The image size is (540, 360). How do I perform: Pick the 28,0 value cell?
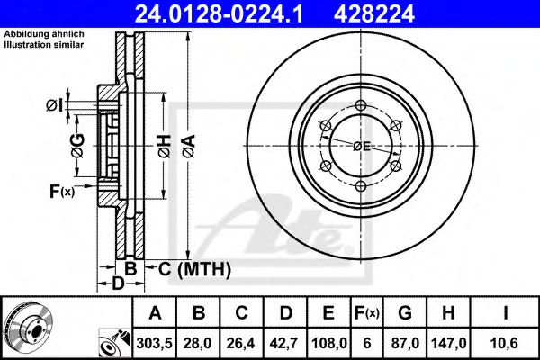click(198, 342)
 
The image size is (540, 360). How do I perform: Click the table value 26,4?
click(241, 342)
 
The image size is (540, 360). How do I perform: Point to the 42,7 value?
click(284, 342)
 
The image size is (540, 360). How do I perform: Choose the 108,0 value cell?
click(328, 342)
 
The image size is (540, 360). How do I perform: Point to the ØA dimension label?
click(186, 145)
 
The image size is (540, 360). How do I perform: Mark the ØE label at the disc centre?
click(363, 146)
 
